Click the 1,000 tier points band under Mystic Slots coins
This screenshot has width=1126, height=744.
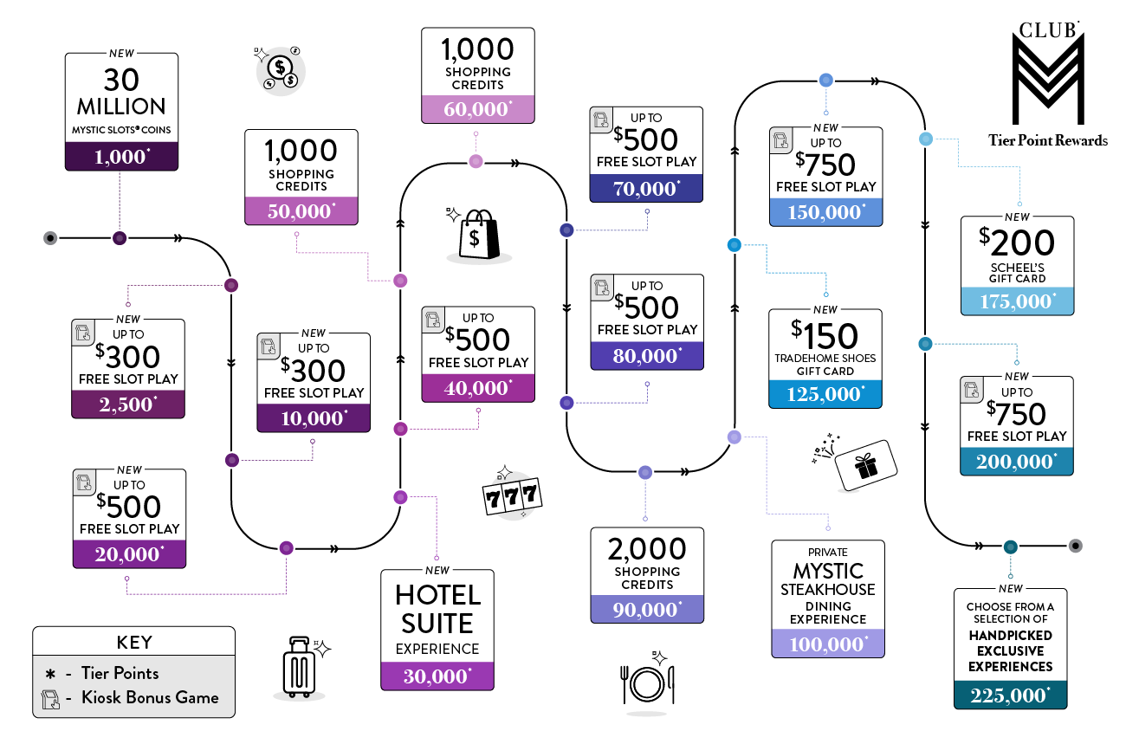pos(121,156)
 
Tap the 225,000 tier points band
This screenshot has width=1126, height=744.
pos(1010,695)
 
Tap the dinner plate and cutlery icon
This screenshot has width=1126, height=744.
pos(647,683)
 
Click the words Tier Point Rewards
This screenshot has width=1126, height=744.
pos(1048,140)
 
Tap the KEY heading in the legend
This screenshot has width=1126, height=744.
pos(133,643)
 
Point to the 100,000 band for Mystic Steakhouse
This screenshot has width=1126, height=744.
pos(828,644)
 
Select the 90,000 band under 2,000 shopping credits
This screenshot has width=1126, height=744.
pos(647,609)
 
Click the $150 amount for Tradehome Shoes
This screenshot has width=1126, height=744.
pos(825,336)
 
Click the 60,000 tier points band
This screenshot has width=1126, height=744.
pos(478,108)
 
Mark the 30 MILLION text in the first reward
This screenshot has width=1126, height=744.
pos(121,93)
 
